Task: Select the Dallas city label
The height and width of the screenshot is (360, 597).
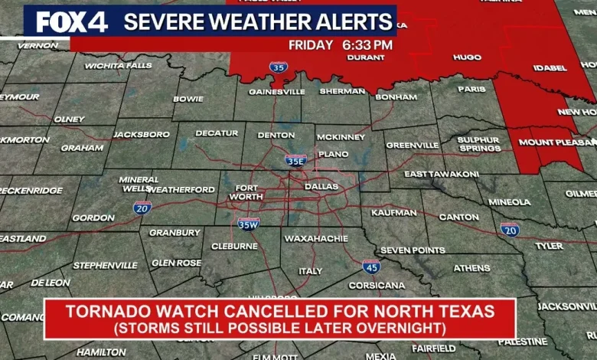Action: (x=321, y=186)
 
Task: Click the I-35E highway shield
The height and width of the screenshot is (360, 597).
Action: (x=295, y=160)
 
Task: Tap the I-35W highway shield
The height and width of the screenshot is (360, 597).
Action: (x=248, y=223)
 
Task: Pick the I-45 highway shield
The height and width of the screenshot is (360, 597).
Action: (x=371, y=266)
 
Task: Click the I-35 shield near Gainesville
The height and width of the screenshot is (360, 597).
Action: (x=279, y=67)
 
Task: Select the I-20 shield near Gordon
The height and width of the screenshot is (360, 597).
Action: (x=142, y=207)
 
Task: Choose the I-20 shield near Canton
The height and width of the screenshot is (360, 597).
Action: (x=510, y=228)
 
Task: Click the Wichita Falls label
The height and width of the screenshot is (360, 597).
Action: (x=118, y=66)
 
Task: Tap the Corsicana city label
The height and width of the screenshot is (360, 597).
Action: (x=377, y=285)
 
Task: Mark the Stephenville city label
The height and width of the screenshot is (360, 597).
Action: (x=105, y=265)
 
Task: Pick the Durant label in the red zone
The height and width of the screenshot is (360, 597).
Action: (x=365, y=57)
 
